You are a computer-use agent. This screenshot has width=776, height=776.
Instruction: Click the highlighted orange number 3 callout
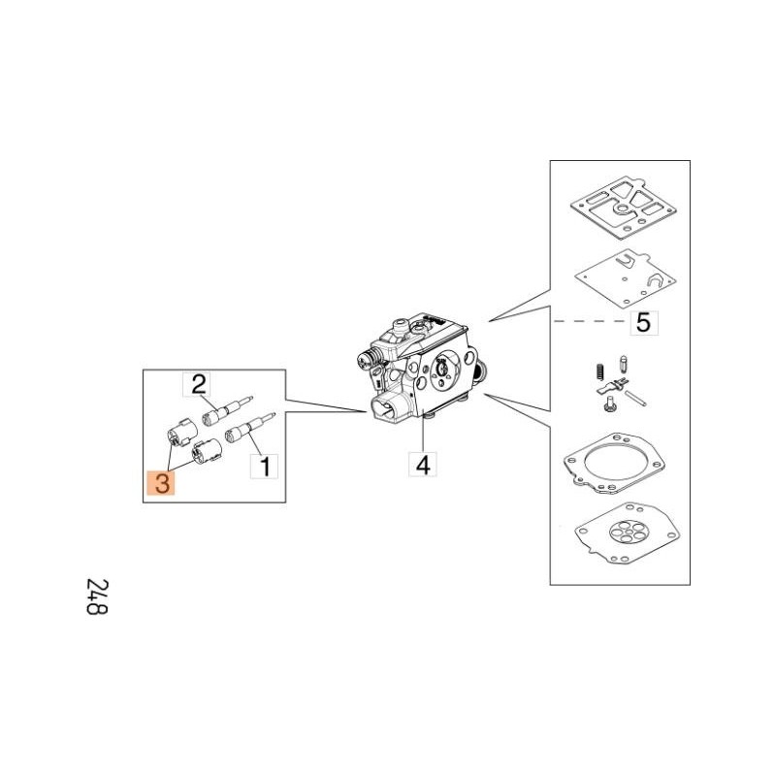161,482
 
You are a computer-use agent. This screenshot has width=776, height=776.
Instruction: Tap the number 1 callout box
264,467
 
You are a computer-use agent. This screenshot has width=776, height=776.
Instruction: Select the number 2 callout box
197,384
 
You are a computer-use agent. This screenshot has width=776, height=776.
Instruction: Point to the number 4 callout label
423,464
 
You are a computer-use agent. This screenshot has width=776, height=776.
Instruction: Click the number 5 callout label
644,323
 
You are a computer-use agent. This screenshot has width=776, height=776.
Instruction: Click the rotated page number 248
97,597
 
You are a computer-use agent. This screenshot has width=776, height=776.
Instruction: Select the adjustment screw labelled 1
249,427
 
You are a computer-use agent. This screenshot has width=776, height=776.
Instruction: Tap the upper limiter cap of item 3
181,432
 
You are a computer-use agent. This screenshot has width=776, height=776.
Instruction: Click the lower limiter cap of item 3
207,451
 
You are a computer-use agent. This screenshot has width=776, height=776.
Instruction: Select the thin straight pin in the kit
635,399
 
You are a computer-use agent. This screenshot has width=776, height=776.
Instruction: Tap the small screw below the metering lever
609,404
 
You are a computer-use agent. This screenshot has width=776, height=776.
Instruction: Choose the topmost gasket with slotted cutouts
624,205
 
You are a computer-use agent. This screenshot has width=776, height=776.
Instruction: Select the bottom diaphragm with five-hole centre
627,534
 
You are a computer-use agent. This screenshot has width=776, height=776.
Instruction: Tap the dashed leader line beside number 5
591,321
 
